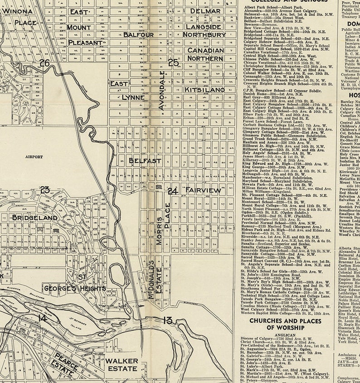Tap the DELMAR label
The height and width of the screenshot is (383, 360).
point(205,11)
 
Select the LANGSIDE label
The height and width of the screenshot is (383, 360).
point(205,27)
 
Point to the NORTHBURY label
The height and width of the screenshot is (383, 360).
point(205,34)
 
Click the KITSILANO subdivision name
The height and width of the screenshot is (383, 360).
point(204,90)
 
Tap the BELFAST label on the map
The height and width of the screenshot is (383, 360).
point(145,160)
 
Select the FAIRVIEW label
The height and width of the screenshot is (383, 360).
point(203,191)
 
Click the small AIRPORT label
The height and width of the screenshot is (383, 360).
point(34,157)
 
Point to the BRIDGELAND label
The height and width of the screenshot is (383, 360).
point(35,218)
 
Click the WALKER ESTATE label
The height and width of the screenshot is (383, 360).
point(122,365)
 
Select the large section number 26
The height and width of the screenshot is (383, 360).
point(44,63)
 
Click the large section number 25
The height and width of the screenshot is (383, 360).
point(173,63)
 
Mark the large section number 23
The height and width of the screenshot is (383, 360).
point(44,190)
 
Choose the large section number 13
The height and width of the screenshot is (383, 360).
point(167,320)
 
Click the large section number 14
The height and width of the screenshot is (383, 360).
point(42,319)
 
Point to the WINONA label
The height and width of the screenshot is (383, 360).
point(17,11)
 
